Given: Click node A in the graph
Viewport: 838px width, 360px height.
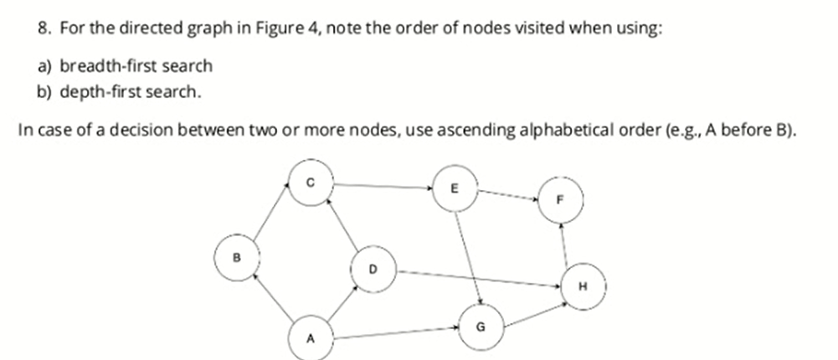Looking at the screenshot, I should [310, 338].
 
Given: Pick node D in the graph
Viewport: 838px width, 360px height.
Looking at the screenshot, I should [373, 269].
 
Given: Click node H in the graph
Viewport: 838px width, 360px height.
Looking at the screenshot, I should [583, 285].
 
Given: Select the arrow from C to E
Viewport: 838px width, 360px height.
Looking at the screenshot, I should [383, 186].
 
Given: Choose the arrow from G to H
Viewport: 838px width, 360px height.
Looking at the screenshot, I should [532, 306].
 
